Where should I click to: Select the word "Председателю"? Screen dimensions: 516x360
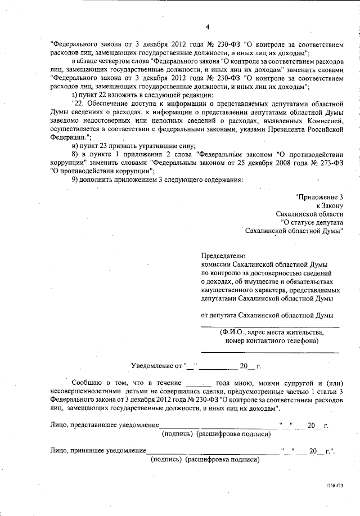[x=223, y=255]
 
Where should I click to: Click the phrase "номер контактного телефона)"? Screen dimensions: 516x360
[x=271, y=340]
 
